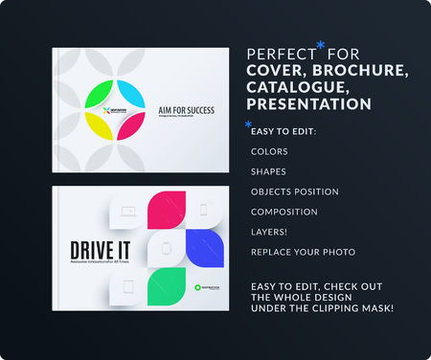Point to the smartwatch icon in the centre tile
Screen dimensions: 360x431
click(166, 248)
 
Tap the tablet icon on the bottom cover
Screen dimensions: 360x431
click(128, 284)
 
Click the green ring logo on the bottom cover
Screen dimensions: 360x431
click(196, 286)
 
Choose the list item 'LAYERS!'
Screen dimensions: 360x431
click(271, 231)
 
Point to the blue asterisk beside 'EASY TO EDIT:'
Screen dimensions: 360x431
click(248, 125)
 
